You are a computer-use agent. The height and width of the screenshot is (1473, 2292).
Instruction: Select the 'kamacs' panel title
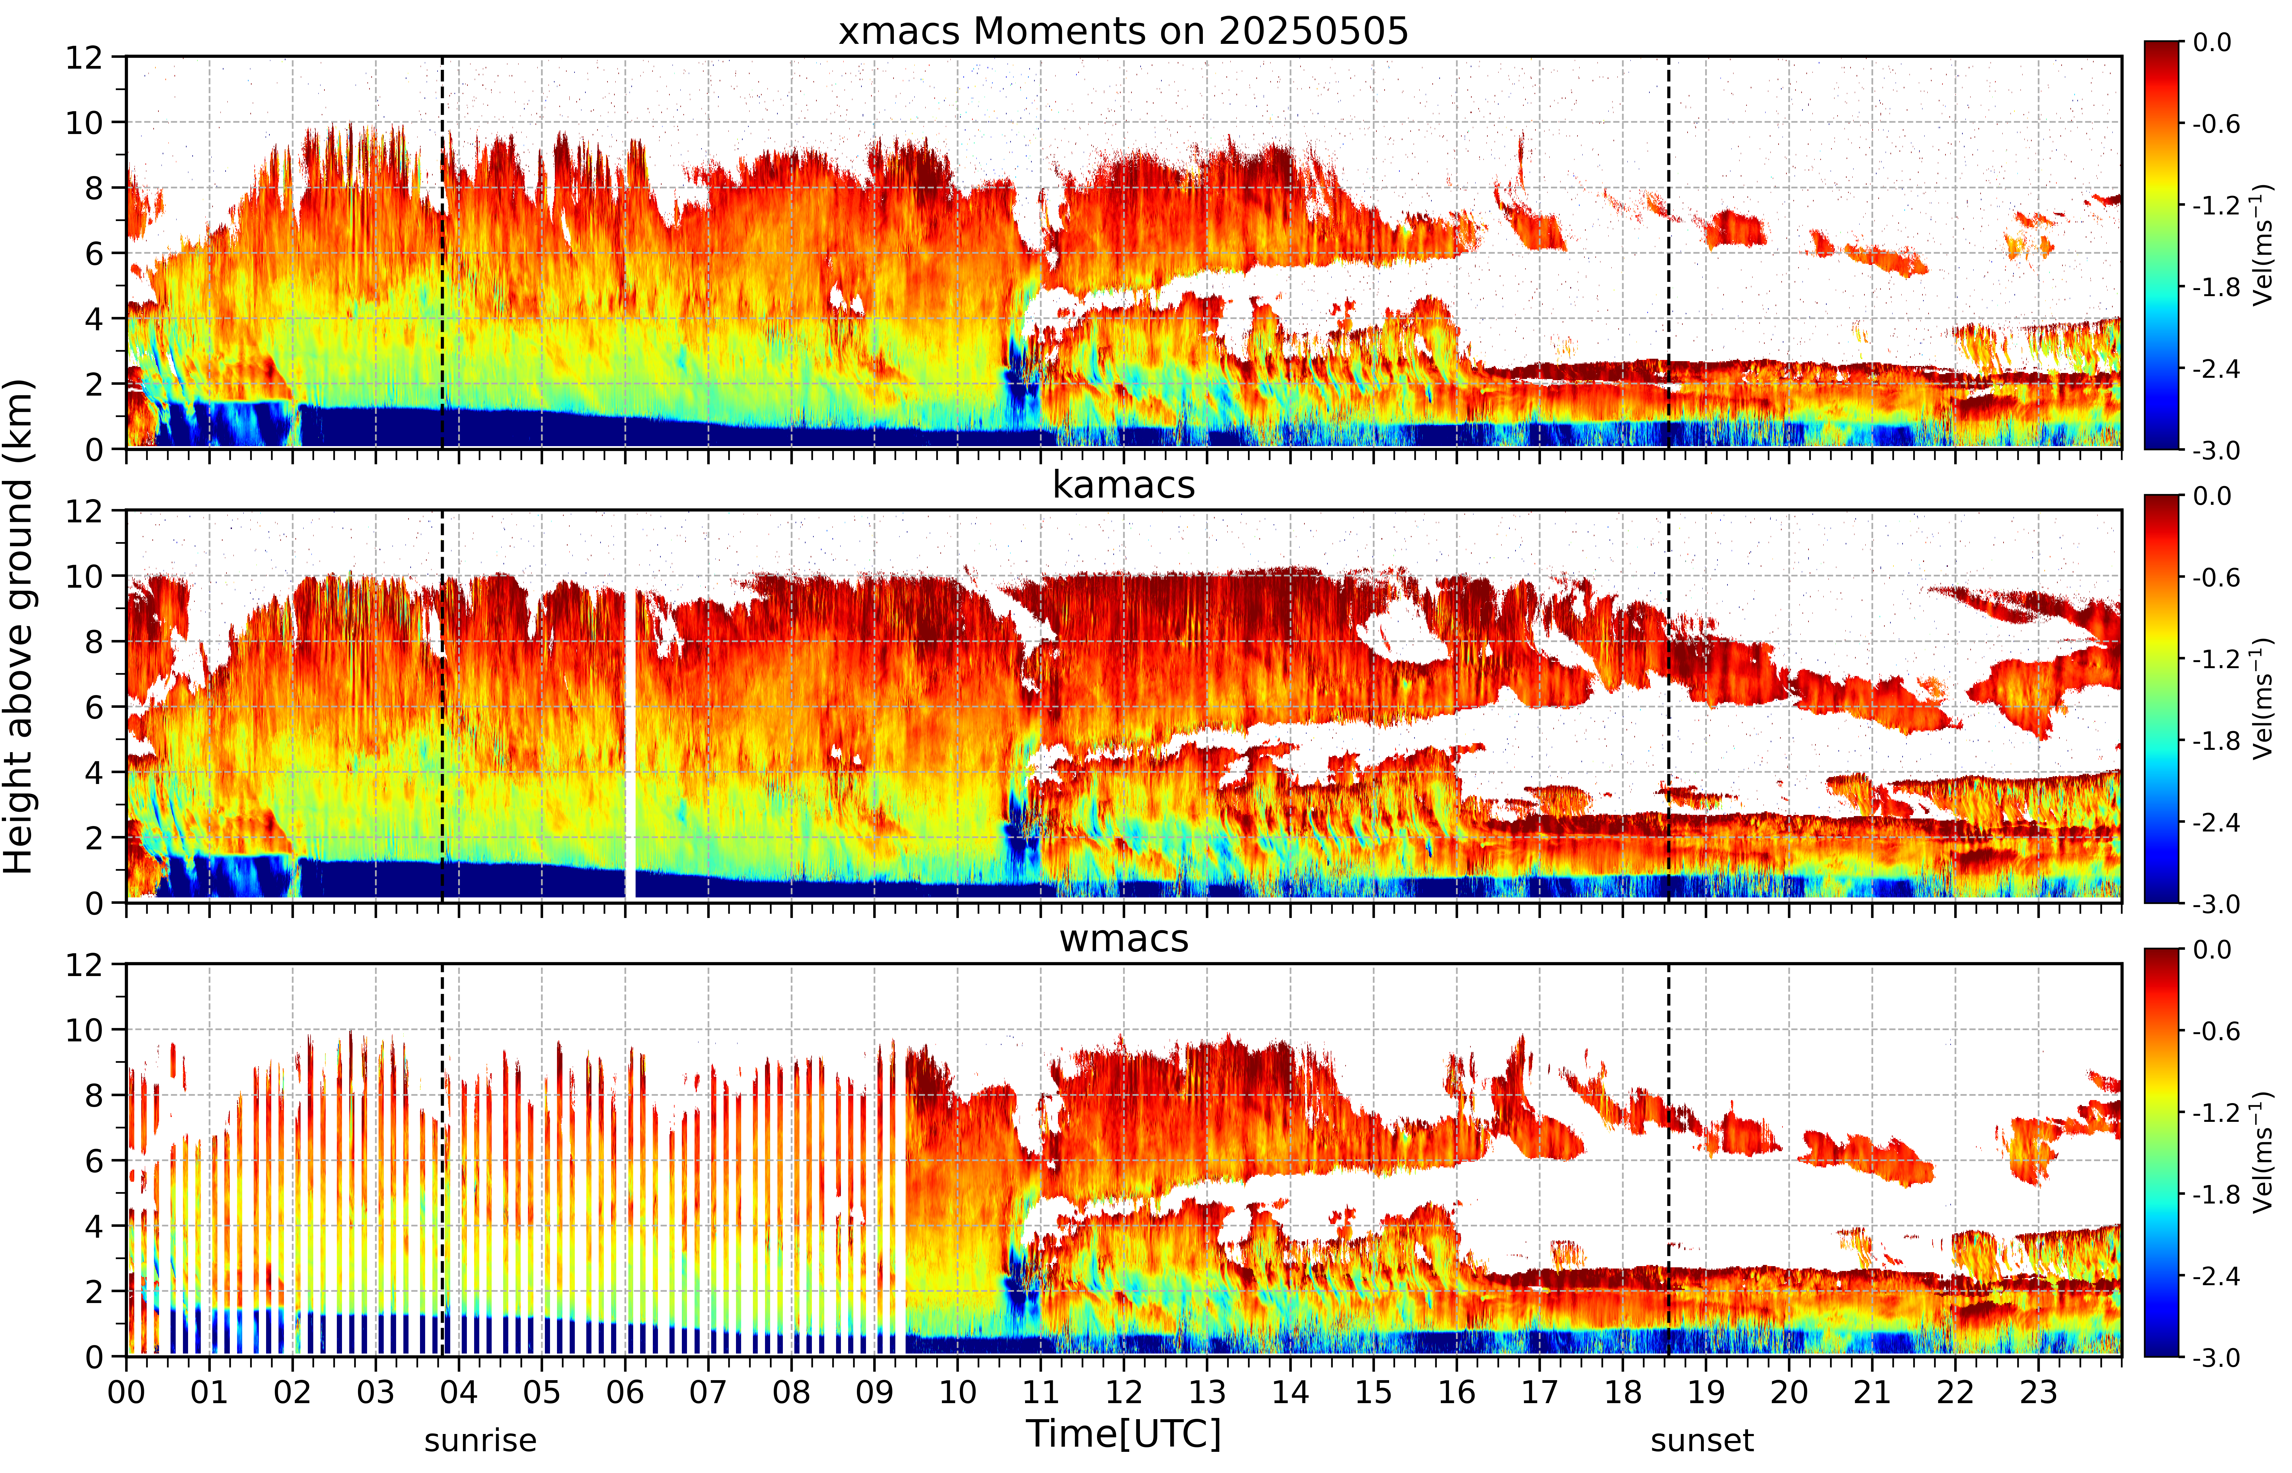point(1124,485)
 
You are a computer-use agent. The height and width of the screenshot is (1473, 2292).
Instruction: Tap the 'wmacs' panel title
point(1124,938)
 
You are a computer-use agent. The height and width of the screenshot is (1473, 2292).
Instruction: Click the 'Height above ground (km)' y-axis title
point(19,626)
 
